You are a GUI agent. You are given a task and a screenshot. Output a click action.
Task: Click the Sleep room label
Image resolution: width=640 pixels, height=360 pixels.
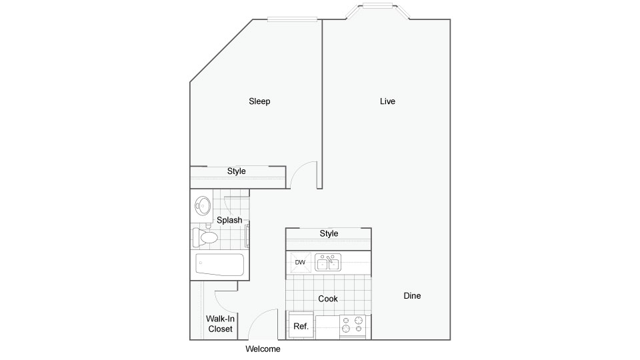point(259,101)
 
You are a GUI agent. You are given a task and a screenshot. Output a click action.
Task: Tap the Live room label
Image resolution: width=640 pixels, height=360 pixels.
point(387,101)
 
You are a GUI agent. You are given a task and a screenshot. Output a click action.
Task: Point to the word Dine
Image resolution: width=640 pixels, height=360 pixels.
point(412,296)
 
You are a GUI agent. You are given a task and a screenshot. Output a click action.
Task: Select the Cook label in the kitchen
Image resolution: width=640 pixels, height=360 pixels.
point(328,299)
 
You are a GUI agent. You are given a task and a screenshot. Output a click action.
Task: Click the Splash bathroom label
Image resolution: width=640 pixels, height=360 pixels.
point(229,221)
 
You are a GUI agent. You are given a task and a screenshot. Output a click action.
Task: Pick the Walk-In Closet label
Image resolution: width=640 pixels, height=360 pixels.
point(221,324)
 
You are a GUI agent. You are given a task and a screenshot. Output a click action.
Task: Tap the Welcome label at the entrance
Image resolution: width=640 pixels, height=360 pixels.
point(263,349)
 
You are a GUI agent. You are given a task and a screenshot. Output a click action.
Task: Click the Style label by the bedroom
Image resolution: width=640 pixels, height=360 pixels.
point(236,171)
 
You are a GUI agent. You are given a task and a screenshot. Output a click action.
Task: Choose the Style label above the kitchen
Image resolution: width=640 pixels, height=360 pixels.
point(329,233)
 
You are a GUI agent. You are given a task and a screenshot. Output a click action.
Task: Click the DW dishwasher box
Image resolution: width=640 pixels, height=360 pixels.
point(301,262)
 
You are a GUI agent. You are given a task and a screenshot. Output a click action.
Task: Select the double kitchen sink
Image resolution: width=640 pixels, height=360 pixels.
point(328,263)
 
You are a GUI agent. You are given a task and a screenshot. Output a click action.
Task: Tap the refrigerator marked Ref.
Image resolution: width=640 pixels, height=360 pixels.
point(301,325)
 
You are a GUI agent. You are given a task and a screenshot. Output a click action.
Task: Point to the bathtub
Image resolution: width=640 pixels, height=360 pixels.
point(219,265)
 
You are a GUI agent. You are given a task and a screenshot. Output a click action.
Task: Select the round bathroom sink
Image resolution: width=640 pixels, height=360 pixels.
point(203,206)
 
